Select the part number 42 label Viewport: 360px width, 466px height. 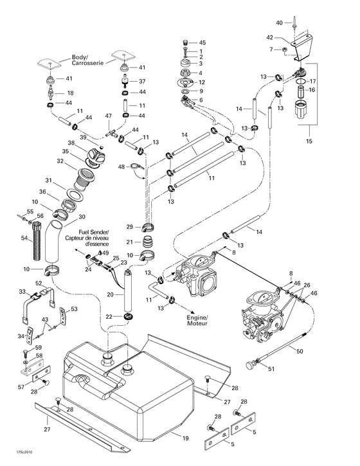click(x=271, y=38)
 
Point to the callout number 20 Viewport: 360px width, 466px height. click(x=110, y=294)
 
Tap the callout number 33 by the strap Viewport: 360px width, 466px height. click(x=22, y=292)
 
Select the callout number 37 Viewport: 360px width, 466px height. click(x=142, y=82)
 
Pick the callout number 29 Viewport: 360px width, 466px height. click(x=129, y=228)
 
